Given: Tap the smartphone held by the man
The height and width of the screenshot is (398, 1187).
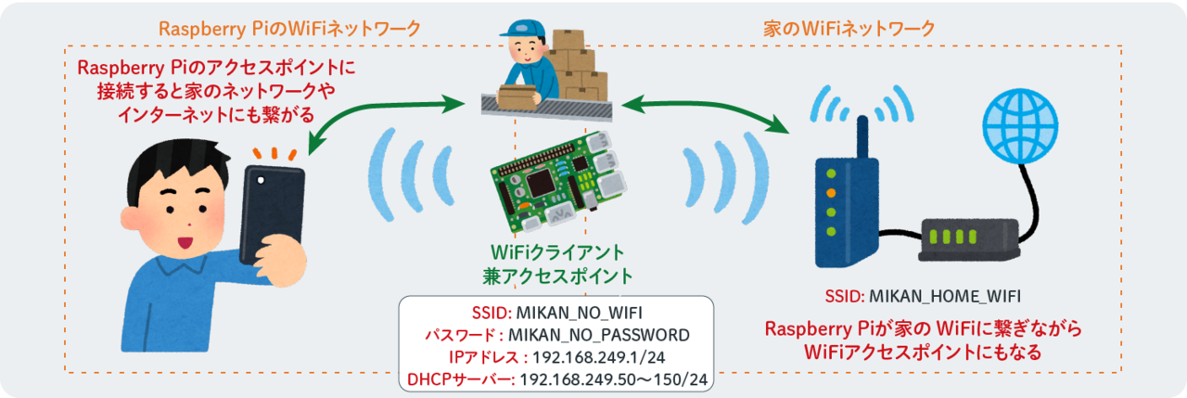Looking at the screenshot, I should point(272,211).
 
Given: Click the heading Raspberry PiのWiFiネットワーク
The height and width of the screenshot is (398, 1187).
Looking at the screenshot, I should point(290,30).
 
